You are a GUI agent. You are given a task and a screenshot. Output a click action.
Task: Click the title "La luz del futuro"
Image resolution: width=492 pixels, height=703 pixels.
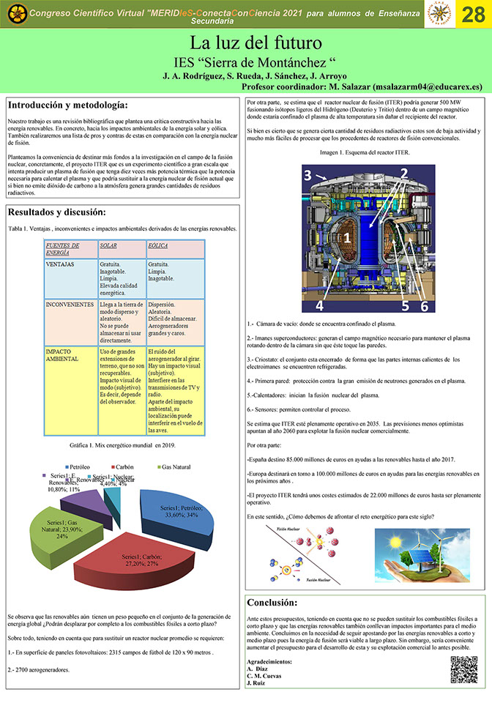pos(246,42)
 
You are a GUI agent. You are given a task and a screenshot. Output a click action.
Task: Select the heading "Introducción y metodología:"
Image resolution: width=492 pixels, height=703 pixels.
pos(68,105)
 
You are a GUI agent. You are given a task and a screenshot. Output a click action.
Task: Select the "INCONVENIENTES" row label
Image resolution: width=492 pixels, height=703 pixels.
pos(70,303)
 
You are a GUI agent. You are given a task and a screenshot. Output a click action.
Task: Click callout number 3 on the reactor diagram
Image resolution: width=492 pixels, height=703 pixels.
pos(309,175)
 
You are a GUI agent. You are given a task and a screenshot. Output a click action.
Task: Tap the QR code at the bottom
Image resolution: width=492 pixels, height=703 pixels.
pos(463,669)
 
